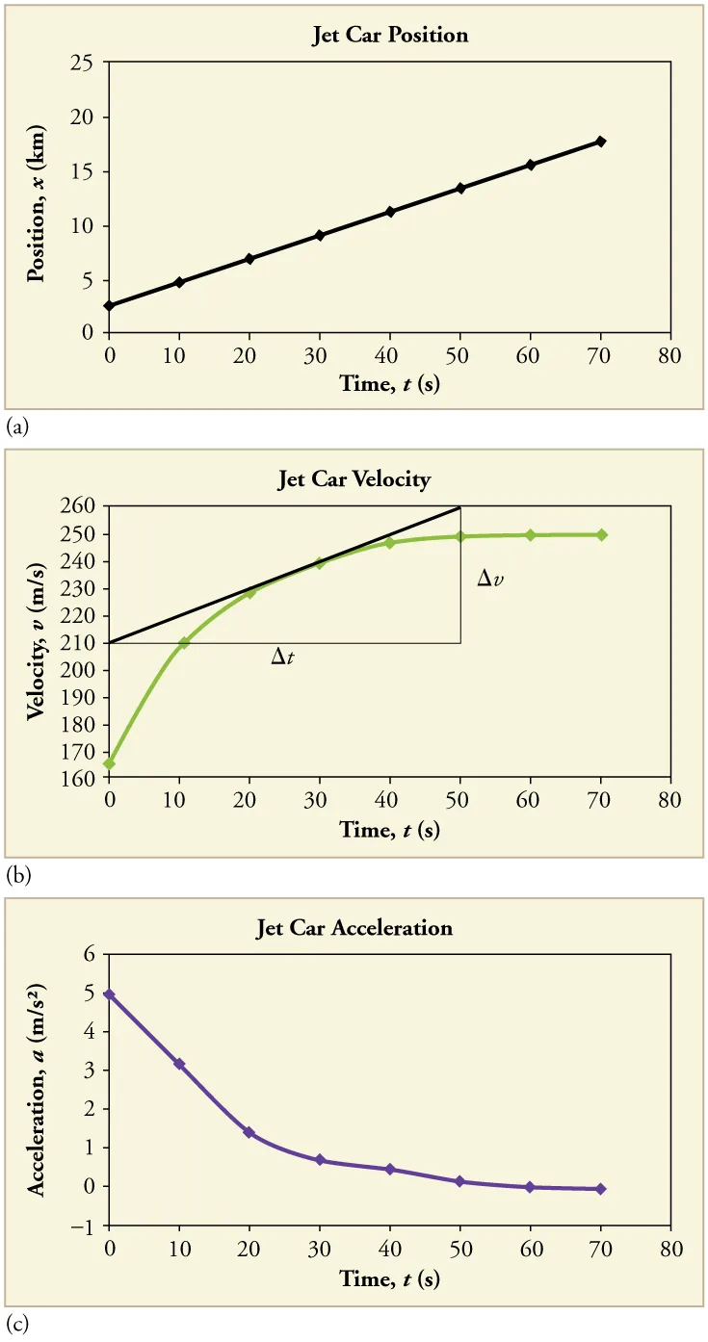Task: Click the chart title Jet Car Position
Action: pos(389,36)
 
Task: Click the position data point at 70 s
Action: pos(601,142)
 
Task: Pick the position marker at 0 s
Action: pos(110,306)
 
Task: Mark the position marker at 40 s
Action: pos(390,212)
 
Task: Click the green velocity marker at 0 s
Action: pos(110,763)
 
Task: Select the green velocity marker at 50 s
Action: pos(460,536)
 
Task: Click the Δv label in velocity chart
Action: pos(490,580)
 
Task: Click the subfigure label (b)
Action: pos(16,877)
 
